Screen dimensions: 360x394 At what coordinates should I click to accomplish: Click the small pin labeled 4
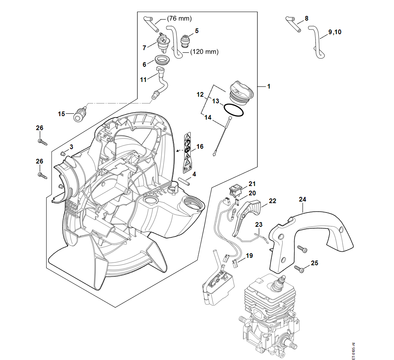[183, 181]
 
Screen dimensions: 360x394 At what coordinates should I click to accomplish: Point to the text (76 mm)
[179, 18]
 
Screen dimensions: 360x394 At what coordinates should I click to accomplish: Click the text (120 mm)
[205, 52]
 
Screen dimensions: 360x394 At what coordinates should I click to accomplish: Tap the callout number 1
[269, 86]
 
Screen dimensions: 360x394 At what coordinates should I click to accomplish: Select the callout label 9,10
[335, 32]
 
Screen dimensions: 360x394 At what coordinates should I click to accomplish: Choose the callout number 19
[249, 256]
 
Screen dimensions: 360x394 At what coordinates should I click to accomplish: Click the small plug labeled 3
[62, 153]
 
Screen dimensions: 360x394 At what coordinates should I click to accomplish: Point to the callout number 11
[144, 79]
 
